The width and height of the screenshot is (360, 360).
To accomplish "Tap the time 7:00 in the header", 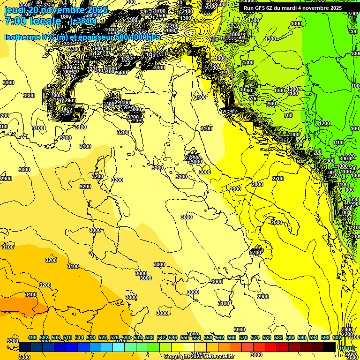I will tap(14, 21).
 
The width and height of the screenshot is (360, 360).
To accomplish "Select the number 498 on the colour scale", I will tap(32, 337).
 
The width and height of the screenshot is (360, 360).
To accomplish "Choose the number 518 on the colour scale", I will tap(91, 337).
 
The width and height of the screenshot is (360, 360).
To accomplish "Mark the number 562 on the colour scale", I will tap(220, 337).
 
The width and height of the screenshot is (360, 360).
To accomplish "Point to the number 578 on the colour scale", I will tap(267, 337).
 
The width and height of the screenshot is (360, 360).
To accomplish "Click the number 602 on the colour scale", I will tap(337, 337).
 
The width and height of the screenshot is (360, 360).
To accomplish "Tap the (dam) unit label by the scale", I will tap(347, 347).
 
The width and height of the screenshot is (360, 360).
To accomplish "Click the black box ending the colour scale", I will tap(330, 347).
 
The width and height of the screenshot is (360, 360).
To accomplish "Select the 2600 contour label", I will tap(277, 222).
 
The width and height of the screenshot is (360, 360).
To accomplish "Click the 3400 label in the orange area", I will tap(31, 294).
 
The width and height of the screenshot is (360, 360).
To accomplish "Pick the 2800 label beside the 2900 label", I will tap(257, 184).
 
